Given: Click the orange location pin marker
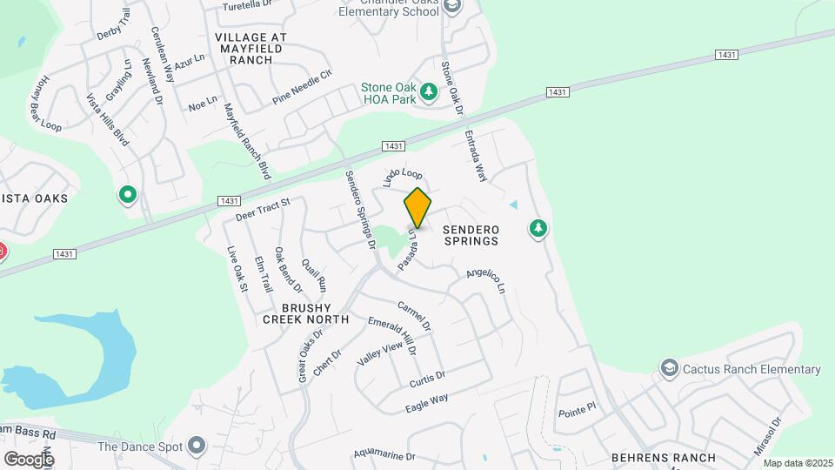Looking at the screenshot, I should (417, 208).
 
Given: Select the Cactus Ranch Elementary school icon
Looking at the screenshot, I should (669, 369).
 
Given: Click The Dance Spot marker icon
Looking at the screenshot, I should (197, 446).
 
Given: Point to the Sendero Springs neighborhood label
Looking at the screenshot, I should (471, 234).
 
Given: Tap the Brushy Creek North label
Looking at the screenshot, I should (306, 312).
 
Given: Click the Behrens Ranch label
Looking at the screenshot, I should (664, 458).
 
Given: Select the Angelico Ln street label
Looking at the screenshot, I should (485, 279).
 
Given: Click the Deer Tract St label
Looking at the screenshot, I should (262, 209).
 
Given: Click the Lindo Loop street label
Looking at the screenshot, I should (403, 178).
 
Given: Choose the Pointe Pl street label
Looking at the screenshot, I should (577, 406).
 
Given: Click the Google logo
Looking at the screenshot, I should (29, 459).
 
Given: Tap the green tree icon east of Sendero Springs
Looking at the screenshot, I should (539, 229).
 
